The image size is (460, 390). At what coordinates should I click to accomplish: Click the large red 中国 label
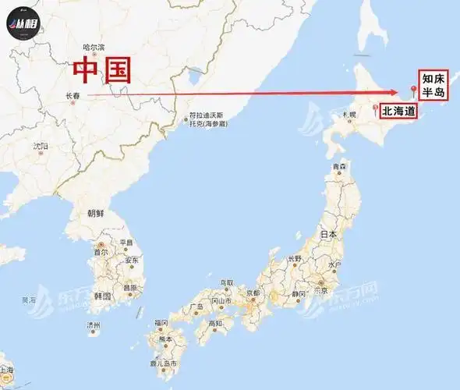[101, 69]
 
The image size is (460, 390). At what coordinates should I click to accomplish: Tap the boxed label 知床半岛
[433, 86]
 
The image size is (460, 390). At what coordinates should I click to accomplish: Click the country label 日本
[329, 234]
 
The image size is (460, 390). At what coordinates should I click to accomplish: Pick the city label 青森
[338, 167]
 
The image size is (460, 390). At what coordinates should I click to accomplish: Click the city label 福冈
[161, 322]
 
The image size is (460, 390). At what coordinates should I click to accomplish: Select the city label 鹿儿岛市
[163, 364]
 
